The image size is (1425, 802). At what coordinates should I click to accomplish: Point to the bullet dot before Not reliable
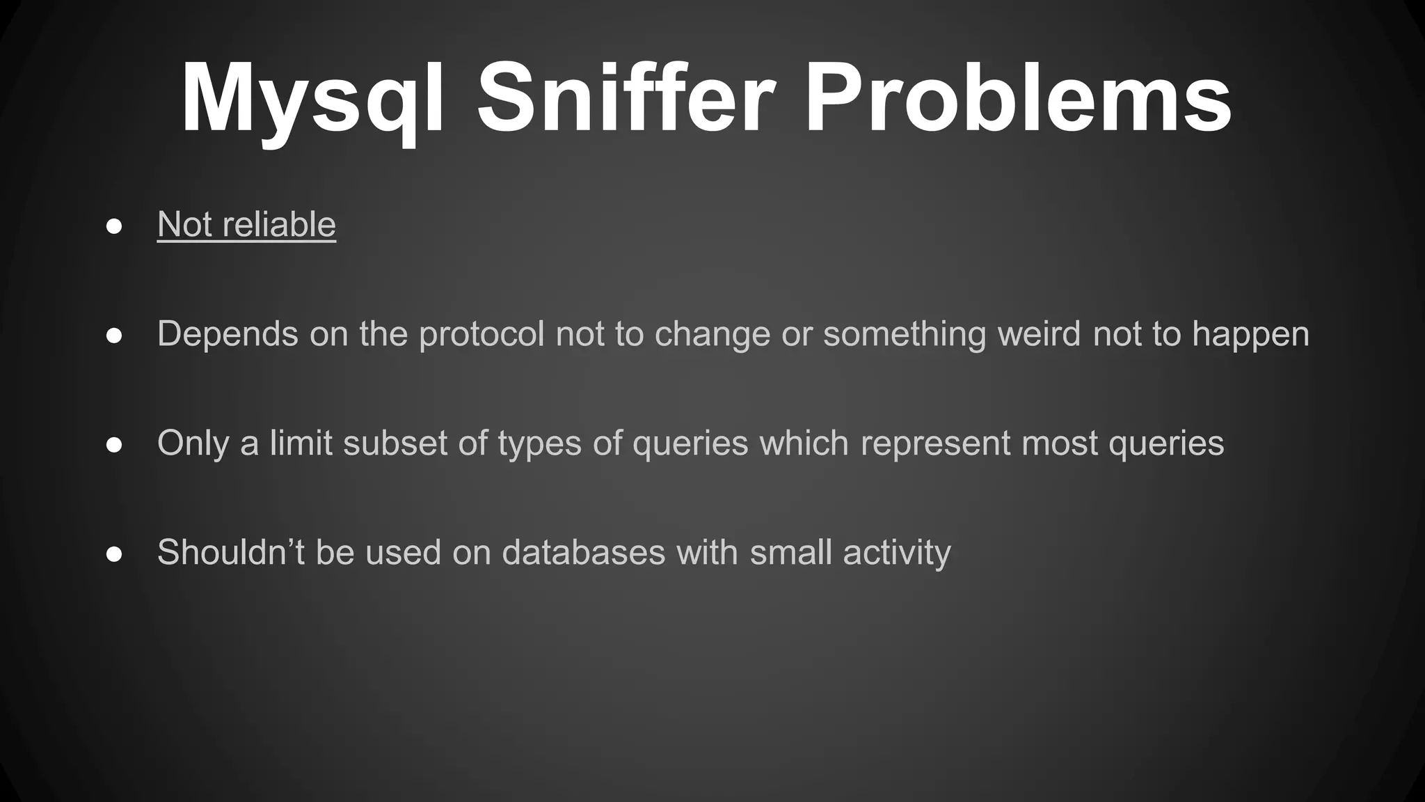(115, 226)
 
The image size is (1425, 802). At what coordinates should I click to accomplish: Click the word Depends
(228, 334)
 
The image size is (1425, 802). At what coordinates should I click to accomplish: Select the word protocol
(481, 334)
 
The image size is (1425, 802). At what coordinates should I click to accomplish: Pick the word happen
(1250, 334)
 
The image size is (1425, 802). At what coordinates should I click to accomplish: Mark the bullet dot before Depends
(115, 336)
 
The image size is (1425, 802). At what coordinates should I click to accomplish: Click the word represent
(935, 444)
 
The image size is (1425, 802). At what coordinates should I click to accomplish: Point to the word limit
(301, 443)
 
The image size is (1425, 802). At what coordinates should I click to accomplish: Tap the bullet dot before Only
(115, 445)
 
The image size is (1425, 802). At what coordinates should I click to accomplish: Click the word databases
(584, 552)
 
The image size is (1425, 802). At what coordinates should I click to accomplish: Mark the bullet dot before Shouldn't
(115, 554)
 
